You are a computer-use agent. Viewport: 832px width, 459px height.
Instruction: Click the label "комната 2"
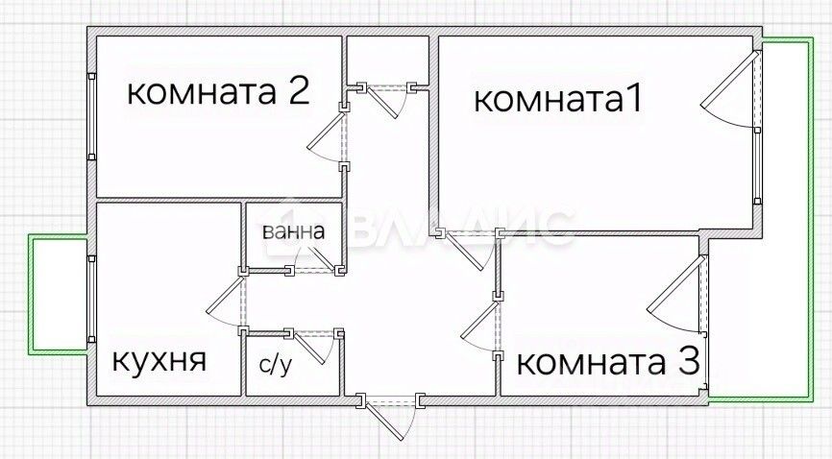[218, 92]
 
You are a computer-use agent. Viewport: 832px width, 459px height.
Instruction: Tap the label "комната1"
[557, 100]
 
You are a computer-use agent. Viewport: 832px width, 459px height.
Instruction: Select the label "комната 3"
[607, 363]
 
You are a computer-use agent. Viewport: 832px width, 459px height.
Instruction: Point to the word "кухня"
[159, 360]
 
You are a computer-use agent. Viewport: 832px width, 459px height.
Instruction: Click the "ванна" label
[293, 231]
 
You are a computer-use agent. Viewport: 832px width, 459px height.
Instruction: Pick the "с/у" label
[276, 365]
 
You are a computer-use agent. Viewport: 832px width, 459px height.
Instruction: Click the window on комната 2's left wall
[91, 118]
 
